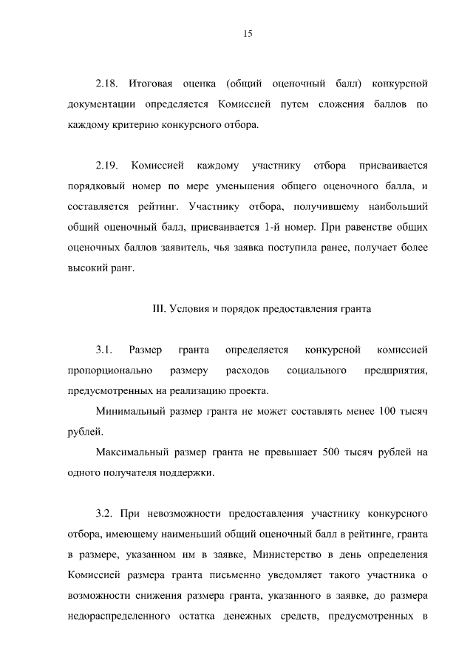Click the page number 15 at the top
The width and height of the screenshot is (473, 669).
[248, 33]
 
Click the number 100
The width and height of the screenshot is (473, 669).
[389, 410]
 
